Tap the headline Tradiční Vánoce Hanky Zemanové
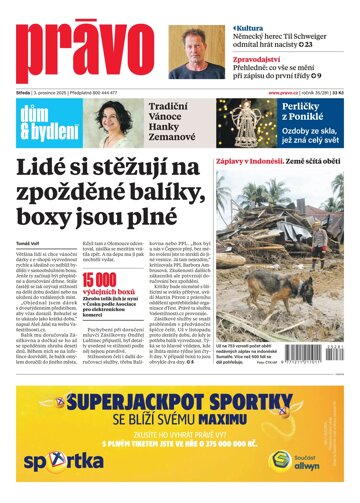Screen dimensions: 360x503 point(181,123)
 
